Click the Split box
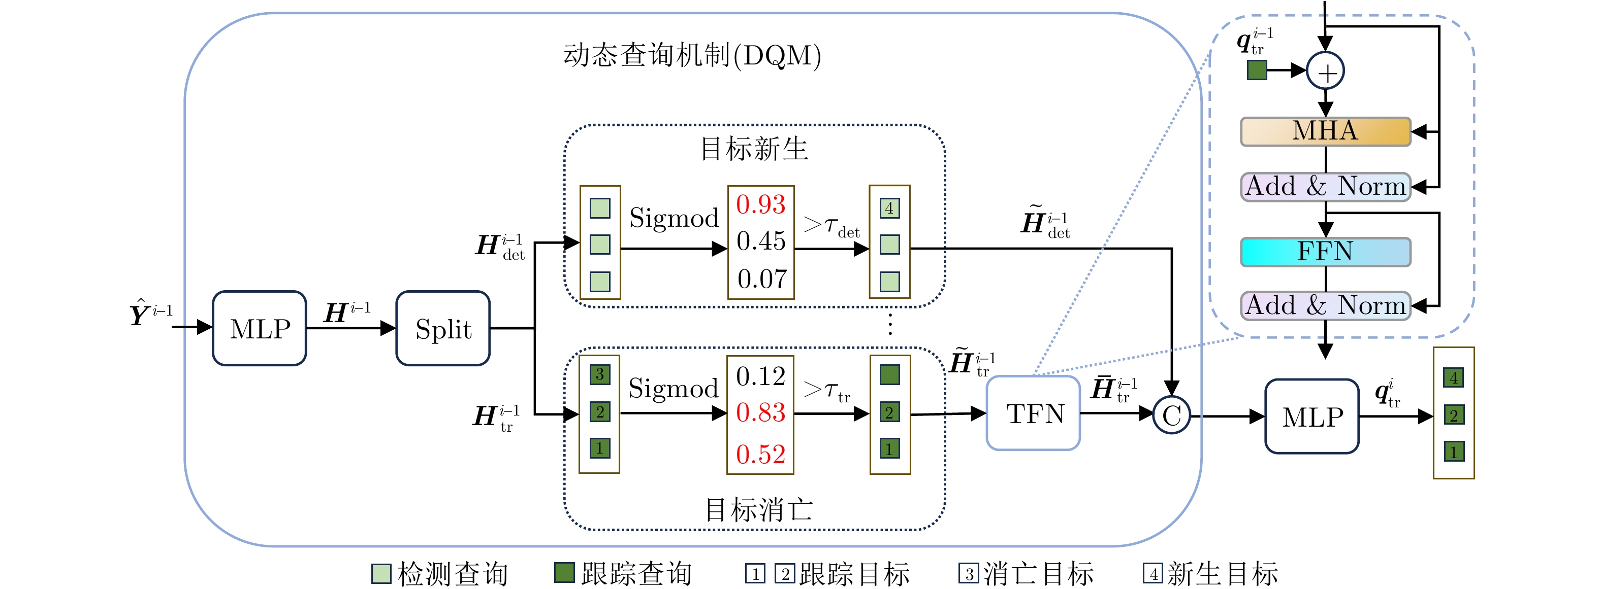point(443,328)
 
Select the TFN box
point(1033,413)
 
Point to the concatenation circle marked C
point(1171,415)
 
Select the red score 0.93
point(761,205)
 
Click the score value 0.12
point(760,376)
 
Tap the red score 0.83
point(760,413)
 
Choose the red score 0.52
point(760,455)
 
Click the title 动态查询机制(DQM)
point(692,56)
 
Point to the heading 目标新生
point(754,149)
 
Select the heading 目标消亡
point(758,509)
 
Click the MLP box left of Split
point(260,328)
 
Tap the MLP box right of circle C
point(1312,417)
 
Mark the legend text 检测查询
point(452,573)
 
